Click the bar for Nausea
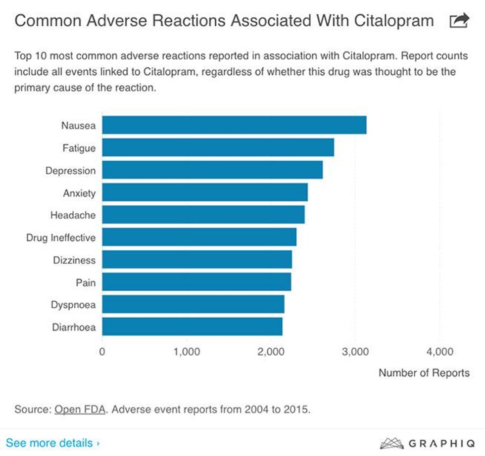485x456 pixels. pyautogui.click(x=234, y=125)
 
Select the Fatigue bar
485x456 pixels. pyautogui.click(x=218, y=147)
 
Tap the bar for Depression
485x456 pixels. pyautogui.click(x=212, y=170)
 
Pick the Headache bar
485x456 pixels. pyautogui.click(x=203, y=215)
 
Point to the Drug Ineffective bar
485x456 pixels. pyautogui.click(x=199, y=237)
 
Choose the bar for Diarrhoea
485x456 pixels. pyautogui.click(x=192, y=327)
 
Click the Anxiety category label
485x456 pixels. pyautogui.click(x=79, y=193)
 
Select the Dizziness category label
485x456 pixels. pyautogui.click(x=74, y=260)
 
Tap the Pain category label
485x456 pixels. pyautogui.click(x=86, y=283)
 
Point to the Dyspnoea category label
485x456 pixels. pyautogui.click(x=73, y=305)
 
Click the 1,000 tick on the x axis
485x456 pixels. pyautogui.click(x=187, y=352)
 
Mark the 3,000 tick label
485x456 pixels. pyautogui.click(x=355, y=352)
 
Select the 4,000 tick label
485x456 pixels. pyautogui.click(x=439, y=352)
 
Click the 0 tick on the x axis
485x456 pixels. pyautogui.click(x=102, y=352)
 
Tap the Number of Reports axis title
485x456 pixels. pyautogui.click(x=424, y=373)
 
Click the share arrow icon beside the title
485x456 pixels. pyautogui.click(x=459, y=21)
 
